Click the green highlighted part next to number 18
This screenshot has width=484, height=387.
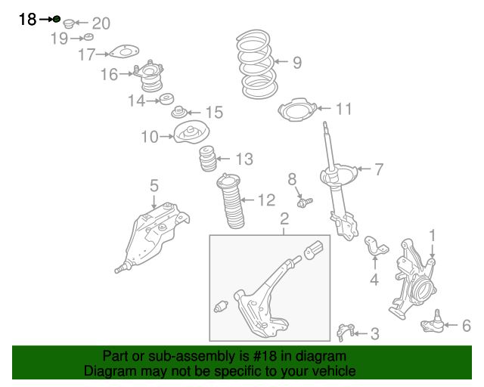tap(57, 19)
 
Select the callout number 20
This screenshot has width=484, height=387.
tap(101, 23)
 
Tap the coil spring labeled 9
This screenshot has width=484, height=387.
tap(258, 64)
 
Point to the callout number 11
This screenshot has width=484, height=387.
tap(343, 110)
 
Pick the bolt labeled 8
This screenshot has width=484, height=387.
tap(304, 202)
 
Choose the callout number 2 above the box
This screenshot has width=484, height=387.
tap(284, 219)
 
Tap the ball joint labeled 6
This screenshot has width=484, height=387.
tap(432, 324)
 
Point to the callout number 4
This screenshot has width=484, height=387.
tap(374, 281)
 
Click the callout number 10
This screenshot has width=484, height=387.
tap(149, 137)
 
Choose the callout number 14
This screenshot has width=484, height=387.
tap(136, 100)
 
